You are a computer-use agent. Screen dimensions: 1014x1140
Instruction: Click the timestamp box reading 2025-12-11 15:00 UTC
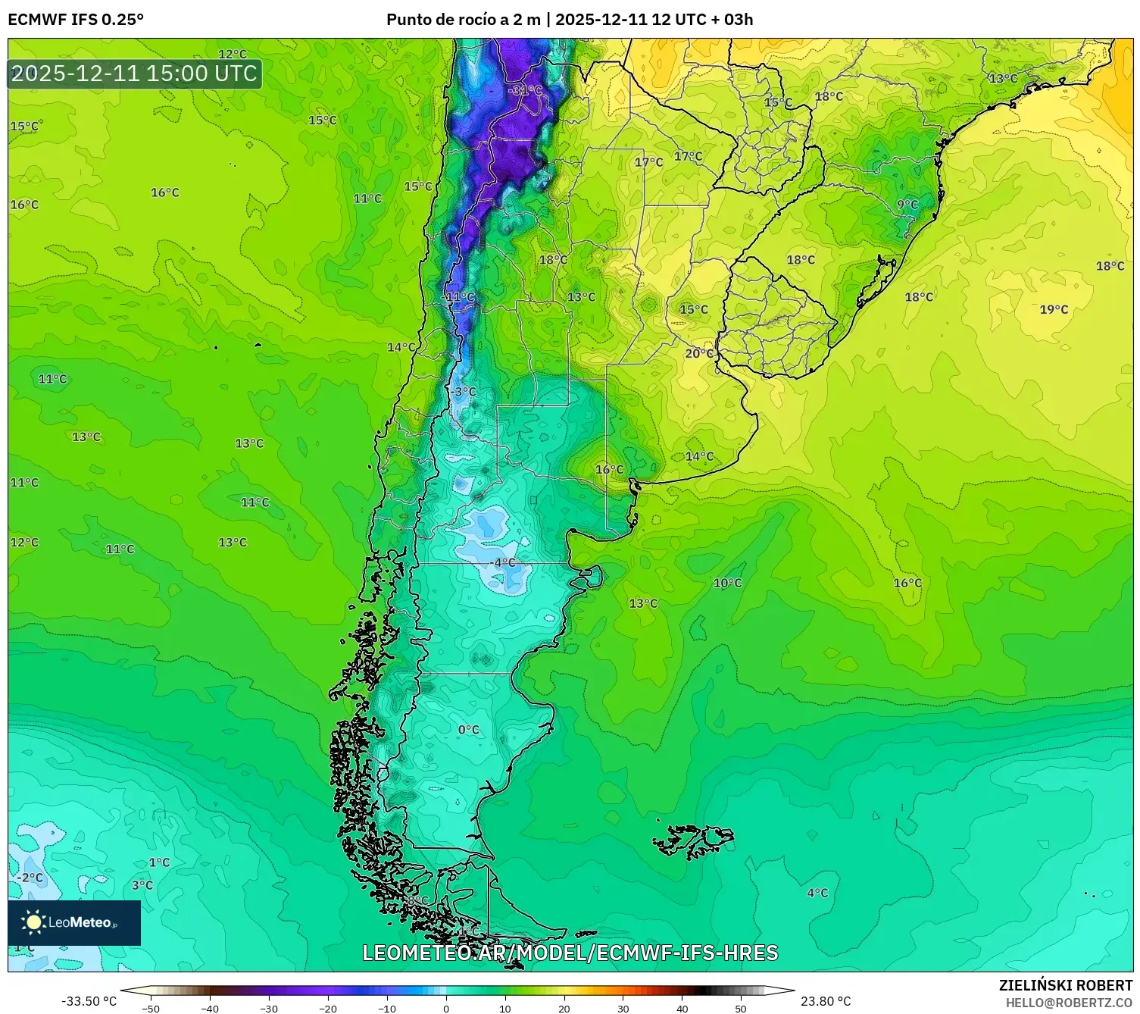(x=135, y=74)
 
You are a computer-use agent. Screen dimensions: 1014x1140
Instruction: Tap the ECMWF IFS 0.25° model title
(x=76, y=20)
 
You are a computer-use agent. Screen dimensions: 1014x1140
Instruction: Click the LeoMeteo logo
(x=74, y=922)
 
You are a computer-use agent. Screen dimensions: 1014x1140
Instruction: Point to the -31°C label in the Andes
(x=525, y=90)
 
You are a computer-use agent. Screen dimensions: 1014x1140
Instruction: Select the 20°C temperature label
(x=699, y=353)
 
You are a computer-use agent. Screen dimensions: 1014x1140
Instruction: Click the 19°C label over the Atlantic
(x=1054, y=309)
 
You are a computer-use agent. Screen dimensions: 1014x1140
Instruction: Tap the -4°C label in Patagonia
(x=504, y=562)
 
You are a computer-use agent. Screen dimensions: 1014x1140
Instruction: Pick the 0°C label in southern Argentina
(x=469, y=730)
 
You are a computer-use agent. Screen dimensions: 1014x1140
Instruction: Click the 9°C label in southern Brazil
(x=907, y=205)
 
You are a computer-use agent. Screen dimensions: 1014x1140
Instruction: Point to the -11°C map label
(x=460, y=296)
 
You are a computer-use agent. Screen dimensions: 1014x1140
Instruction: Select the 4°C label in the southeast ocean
(x=817, y=893)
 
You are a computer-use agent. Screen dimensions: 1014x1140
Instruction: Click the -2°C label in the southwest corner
(x=30, y=878)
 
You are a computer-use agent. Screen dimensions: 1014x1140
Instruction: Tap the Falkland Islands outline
(x=693, y=840)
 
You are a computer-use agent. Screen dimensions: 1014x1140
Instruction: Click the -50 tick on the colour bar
(x=151, y=1008)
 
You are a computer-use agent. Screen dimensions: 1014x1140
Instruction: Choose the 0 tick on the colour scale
(x=446, y=1008)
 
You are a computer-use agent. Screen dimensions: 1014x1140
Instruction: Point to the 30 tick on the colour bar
(x=623, y=1008)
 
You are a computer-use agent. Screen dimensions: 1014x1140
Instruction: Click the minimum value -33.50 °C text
(x=89, y=1001)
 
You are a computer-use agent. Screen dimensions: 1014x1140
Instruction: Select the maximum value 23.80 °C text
(x=826, y=1001)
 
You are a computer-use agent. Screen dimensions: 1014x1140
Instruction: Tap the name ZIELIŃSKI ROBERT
(x=1066, y=985)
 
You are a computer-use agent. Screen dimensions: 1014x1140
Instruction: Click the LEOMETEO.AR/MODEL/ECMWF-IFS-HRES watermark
(x=570, y=953)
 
